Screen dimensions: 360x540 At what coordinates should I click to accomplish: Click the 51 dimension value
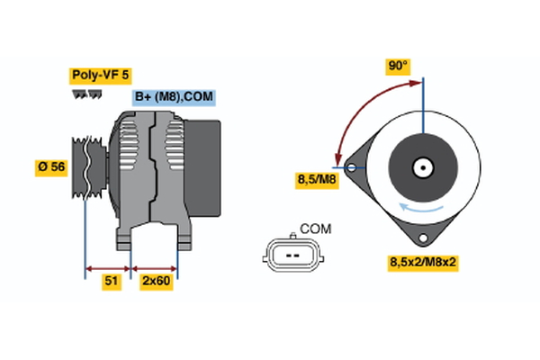(x=112, y=282)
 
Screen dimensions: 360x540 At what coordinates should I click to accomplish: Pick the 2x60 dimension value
(x=154, y=282)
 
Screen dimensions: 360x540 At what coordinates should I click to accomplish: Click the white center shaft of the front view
(x=421, y=167)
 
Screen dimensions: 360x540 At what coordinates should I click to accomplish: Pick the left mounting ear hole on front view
(x=350, y=166)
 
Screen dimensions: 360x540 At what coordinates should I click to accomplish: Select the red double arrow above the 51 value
(x=108, y=267)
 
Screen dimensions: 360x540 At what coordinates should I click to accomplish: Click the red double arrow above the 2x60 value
(x=155, y=267)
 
